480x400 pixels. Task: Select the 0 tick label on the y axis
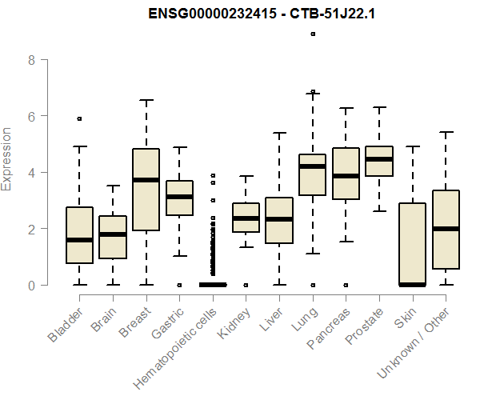pos(32,285)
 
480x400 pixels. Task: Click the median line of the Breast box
pos(146,180)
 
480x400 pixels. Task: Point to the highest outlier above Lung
pos(313,34)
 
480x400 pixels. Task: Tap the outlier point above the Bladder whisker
pos(79,118)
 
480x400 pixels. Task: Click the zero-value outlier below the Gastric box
pos(179,285)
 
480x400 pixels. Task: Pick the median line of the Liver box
pos(278,219)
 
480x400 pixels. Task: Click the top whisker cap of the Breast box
pos(146,100)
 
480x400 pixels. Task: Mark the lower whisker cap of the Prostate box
pos(378,210)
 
